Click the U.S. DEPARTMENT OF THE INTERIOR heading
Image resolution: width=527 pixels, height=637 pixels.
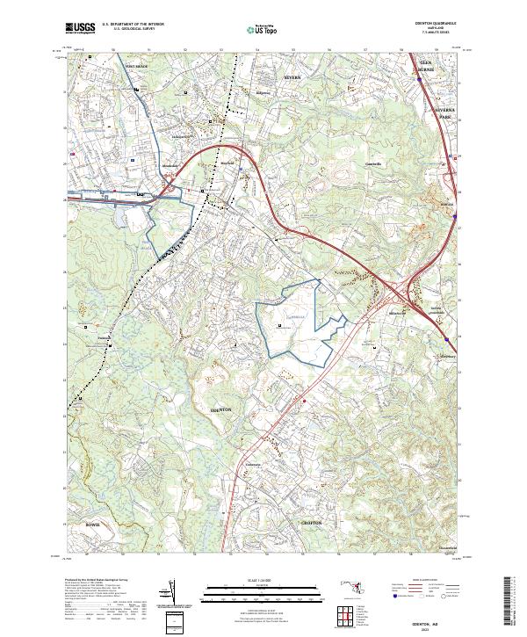[x=132, y=24]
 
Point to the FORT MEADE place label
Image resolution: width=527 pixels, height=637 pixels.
[x=138, y=66]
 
